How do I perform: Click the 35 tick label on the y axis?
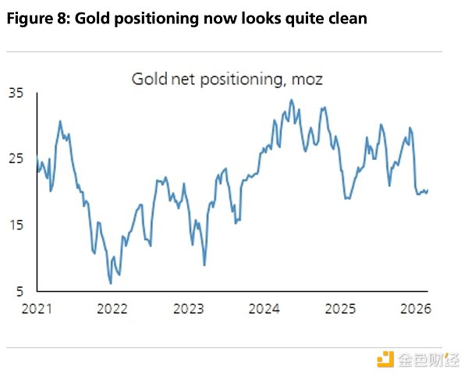pos(16,93)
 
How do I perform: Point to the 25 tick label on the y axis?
pos(16,159)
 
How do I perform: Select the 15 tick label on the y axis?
pos(16,225)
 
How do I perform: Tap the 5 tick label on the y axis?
pos(19,292)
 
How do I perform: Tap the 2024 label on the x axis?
pos(264,308)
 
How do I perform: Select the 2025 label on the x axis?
pos(341,308)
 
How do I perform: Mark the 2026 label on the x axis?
pos(417,308)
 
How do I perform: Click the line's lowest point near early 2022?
pos(110,282)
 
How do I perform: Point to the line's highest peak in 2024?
pos(291,100)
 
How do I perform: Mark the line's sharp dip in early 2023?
pos(204,265)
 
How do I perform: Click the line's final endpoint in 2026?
pos(427,190)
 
